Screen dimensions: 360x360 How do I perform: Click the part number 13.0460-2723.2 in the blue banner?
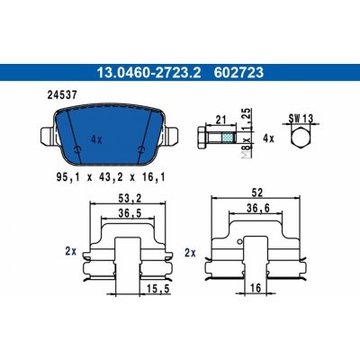[149, 73]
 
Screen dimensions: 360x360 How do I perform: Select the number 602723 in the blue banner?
[238, 73]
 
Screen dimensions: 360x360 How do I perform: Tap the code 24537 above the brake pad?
[62, 95]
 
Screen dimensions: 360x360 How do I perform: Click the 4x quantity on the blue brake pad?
[96, 139]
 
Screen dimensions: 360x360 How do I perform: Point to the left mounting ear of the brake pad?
[48, 137]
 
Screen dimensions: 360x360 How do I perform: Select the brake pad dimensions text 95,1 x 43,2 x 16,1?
[111, 177]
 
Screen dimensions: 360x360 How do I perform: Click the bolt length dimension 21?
[221, 120]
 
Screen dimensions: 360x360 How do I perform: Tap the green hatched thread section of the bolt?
[229, 138]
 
